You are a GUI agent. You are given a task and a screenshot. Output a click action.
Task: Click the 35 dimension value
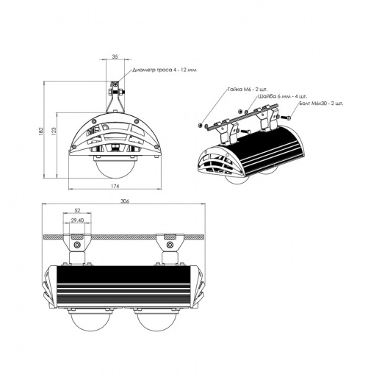(x=115, y=56)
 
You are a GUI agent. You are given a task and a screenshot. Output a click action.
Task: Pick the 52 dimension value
(x=77, y=211)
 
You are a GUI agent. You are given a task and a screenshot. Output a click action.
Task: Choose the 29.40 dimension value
(x=77, y=220)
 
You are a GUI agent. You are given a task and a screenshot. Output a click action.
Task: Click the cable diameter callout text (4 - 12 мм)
(x=165, y=71)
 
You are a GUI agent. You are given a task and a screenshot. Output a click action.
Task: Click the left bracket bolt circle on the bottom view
(x=77, y=242)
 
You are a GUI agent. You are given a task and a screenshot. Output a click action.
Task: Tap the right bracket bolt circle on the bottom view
(x=168, y=242)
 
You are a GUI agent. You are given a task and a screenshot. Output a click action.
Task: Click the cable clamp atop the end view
(x=115, y=89)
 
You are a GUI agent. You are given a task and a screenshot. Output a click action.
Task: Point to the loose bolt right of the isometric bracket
(x=290, y=117)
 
